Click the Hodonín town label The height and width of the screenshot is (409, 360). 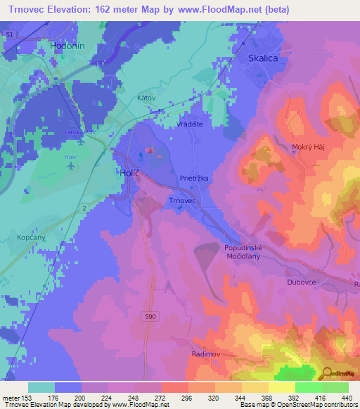(67, 45)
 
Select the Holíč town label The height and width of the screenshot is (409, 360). (127, 171)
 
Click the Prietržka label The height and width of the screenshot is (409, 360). (194, 178)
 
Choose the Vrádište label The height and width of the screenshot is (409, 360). (189, 122)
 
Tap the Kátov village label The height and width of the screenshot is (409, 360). (146, 98)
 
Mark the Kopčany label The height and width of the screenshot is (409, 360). (31, 238)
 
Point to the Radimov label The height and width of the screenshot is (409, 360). (206, 354)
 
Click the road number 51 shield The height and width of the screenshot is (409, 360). (9, 34)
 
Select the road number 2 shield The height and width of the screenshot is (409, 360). (84, 209)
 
